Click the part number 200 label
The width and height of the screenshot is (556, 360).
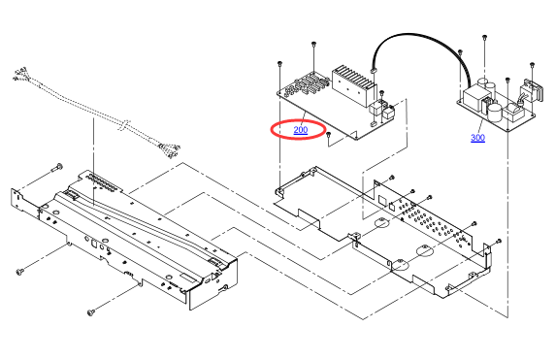coord(301,130)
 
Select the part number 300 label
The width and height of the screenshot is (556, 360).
coord(477,138)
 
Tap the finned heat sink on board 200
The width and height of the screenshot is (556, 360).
coord(353,85)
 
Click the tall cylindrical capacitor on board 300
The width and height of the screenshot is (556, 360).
coord(495,113)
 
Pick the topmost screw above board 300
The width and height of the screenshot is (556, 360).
coord(484,37)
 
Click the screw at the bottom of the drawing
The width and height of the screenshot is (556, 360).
coord(91,312)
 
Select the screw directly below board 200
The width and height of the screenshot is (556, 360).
coord(329,135)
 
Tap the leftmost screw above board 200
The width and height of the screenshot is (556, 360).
coord(280,63)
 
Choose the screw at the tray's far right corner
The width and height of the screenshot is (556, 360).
coord(499,242)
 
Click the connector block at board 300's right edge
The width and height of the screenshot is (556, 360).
coord(530,91)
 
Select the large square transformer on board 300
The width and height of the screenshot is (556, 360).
coord(474,99)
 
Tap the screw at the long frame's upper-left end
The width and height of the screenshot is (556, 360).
coord(57,166)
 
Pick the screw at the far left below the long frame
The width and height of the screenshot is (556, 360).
coord(20,272)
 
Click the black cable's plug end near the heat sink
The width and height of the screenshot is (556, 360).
coord(374,70)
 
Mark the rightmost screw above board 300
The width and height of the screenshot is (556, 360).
coord(532,65)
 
